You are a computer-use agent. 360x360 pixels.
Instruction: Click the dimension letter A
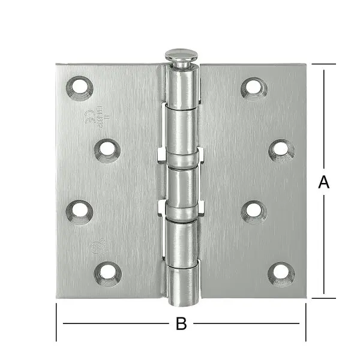tap(324, 182)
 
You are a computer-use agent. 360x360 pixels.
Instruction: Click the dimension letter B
tap(181, 324)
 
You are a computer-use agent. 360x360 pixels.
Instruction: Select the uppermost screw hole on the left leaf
tap(80, 88)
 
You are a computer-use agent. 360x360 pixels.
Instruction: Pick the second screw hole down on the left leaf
tap(107, 150)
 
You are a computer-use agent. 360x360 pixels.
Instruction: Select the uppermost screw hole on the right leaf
tap(254, 88)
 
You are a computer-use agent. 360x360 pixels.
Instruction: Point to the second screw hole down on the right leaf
tap(281, 149)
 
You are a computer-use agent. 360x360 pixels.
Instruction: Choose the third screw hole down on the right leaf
tap(254, 211)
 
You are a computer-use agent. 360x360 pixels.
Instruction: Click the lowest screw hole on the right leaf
tap(281, 273)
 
